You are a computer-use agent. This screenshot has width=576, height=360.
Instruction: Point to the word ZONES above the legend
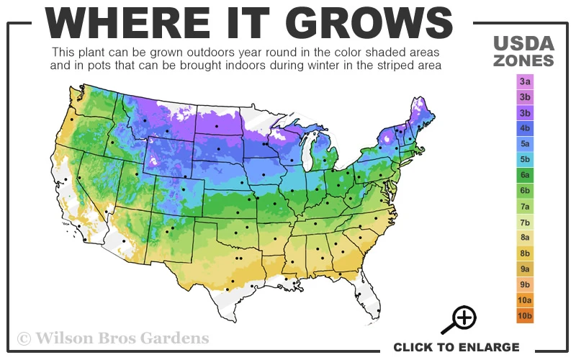pos(523,60)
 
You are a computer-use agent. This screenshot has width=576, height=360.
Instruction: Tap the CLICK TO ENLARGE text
pos(456,347)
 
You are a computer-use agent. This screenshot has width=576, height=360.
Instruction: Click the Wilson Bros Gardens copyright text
pos(113,338)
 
